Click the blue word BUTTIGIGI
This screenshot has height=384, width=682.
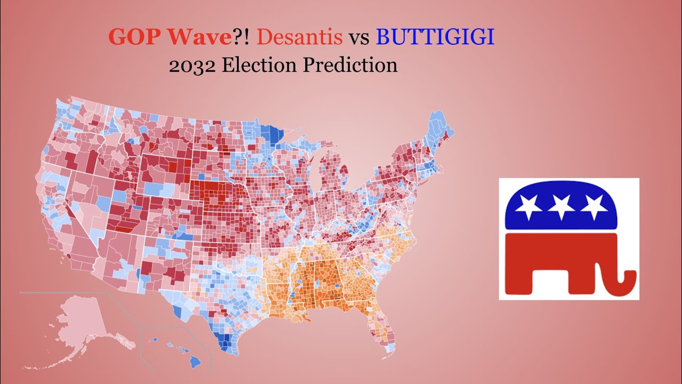pos(435,37)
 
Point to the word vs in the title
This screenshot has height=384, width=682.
pos(359,38)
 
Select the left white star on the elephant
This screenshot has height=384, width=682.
pos(529,206)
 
